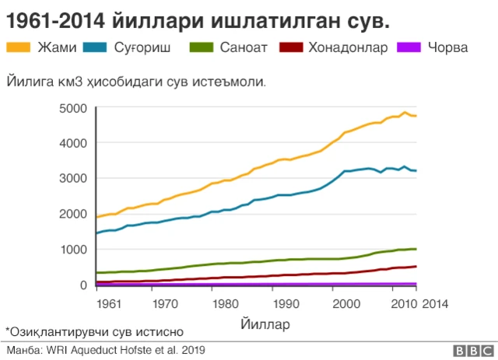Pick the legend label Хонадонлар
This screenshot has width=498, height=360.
point(347,47)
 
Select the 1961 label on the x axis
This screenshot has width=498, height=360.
point(109,302)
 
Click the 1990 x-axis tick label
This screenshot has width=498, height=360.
point(288,302)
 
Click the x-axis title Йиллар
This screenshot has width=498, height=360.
point(265,323)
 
